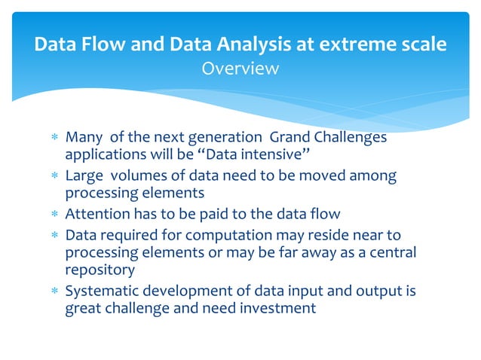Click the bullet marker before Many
pyautogui.click(x=53, y=138)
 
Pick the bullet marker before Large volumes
pyautogui.click(x=53, y=175)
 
